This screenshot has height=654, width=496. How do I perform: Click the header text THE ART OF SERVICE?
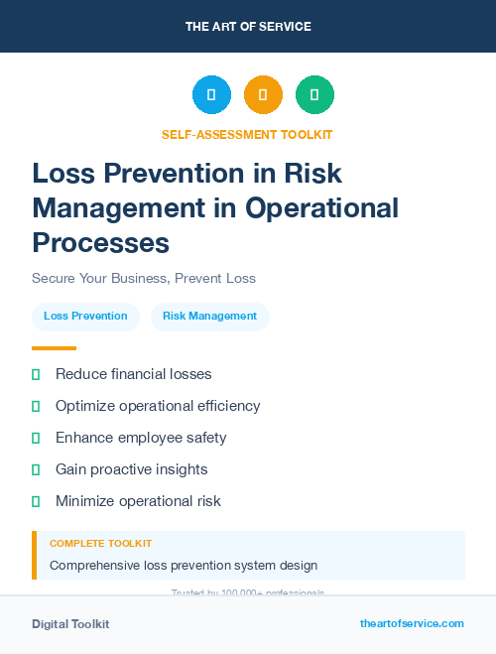(x=248, y=27)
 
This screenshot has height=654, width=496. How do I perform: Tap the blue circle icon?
(x=211, y=95)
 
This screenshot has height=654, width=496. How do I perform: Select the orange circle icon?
(x=263, y=95)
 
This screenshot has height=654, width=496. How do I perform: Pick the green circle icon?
(x=314, y=95)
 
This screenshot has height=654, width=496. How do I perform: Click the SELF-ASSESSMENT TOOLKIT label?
(x=247, y=134)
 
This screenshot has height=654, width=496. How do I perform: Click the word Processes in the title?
(x=100, y=242)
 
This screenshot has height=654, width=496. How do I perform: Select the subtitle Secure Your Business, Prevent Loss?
(x=144, y=278)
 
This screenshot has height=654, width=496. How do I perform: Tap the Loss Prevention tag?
(x=85, y=316)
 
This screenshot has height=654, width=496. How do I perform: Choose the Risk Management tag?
(x=209, y=316)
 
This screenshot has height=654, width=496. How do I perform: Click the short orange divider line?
(x=54, y=348)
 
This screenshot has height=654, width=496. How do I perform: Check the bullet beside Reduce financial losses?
(x=36, y=374)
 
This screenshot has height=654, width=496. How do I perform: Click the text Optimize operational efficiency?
(x=158, y=406)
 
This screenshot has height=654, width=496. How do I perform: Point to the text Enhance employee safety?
(x=141, y=438)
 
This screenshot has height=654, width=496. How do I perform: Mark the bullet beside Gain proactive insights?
(x=36, y=469)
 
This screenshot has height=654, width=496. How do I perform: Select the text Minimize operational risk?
(x=138, y=501)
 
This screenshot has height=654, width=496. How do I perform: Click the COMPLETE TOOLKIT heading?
(x=100, y=544)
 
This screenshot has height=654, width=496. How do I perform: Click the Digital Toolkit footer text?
(x=70, y=624)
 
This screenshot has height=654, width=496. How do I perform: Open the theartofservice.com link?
(x=412, y=623)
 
